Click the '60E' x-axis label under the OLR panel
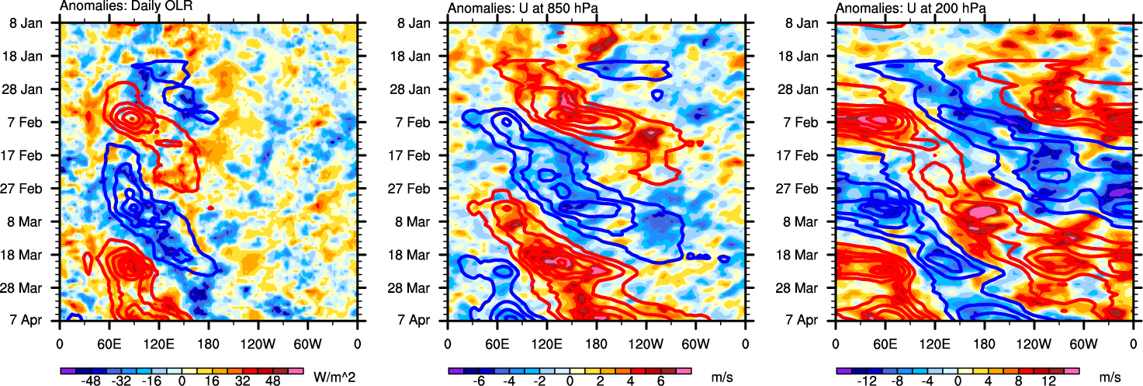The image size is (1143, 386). pyautogui.click(x=109, y=342)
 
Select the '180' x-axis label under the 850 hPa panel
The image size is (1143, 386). pyautogui.click(x=596, y=342)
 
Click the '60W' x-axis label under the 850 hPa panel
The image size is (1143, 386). pyautogui.click(x=695, y=342)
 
